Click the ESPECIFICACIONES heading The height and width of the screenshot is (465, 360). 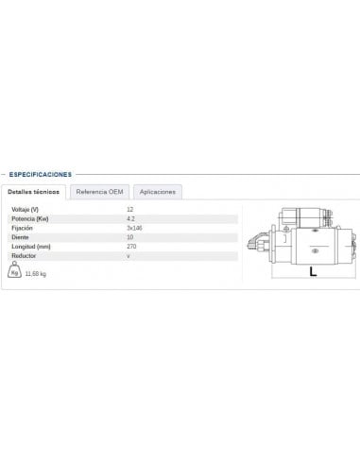coord(39,174)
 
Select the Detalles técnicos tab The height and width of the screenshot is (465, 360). coord(34,192)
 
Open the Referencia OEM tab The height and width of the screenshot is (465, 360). coord(100,192)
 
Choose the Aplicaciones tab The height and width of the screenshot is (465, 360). coord(158,192)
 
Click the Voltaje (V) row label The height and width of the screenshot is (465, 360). coord(26,209)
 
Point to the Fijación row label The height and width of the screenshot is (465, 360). coord(23,228)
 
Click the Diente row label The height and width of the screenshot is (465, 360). coord(20,237)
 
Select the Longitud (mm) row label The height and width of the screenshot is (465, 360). coord(30,247)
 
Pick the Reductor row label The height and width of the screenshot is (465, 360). coord(24,256)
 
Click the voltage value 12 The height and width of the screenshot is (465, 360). coord(129,209)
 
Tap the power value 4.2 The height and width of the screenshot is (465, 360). coord(130,218)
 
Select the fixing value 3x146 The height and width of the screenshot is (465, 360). coord(134,228)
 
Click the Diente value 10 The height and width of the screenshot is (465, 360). coord(129,237)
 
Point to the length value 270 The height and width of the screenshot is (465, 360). coord(131,247)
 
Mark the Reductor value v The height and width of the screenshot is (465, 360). coord(128,256)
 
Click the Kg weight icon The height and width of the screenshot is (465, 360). coord(14,272)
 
